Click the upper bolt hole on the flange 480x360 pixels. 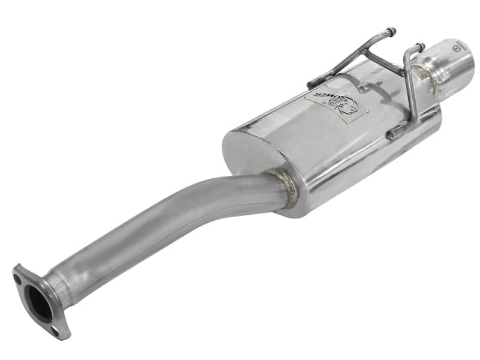19,277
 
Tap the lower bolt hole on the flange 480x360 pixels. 55,329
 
